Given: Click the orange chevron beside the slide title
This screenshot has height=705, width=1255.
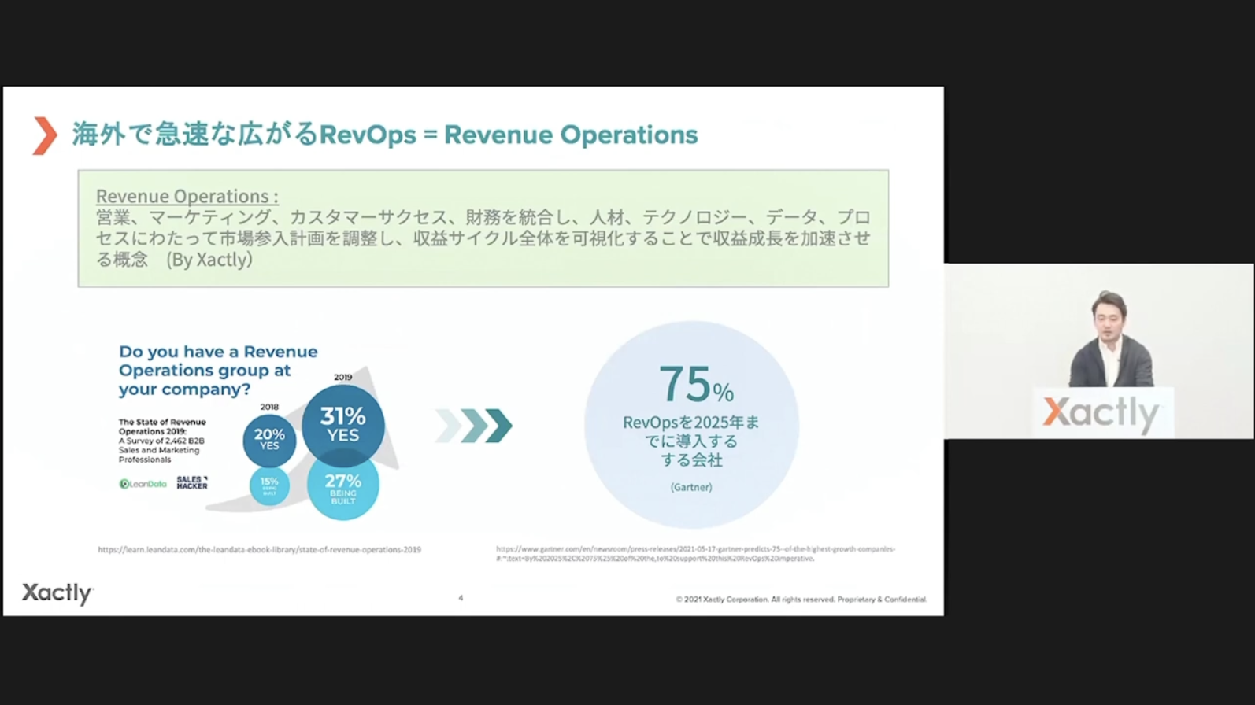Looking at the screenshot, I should [45, 135].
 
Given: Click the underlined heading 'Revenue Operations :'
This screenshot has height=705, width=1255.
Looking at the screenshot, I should [187, 196].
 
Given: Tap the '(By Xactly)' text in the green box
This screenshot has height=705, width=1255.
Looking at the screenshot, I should [209, 260].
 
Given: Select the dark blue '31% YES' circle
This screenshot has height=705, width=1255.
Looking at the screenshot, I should [342, 425].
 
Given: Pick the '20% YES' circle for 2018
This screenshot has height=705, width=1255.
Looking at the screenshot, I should [269, 439].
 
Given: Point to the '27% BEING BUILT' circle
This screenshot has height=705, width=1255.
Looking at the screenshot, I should [342, 486].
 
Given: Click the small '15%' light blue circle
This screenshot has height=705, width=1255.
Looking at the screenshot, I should [269, 485].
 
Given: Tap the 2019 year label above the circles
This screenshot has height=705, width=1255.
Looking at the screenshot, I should [342, 378].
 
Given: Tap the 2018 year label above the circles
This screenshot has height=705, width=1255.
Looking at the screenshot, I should [269, 407].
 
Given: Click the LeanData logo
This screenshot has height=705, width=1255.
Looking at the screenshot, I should [143, 484].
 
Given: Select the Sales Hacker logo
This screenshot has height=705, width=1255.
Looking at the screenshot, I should [191, 483].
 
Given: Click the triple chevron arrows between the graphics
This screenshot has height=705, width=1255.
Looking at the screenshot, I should [474, 426].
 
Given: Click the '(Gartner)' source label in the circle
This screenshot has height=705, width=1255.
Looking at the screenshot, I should [691, 487].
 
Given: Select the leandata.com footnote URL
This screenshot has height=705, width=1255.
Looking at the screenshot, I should [259, 550].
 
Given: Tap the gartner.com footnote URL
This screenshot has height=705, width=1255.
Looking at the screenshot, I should [695, 553].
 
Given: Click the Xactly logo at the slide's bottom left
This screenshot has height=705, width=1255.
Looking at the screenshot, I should [57, 593].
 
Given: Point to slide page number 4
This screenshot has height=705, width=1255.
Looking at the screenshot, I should [461, 598].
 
